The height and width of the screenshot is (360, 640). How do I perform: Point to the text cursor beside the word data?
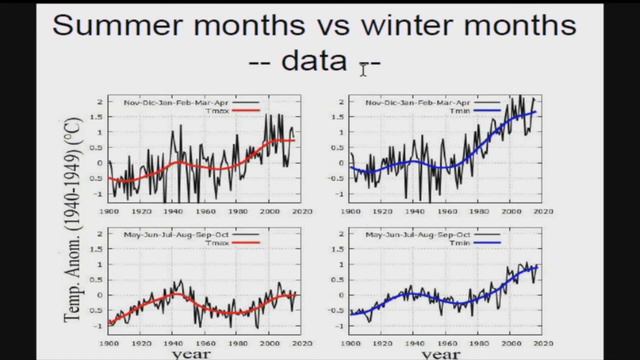pos(364,66)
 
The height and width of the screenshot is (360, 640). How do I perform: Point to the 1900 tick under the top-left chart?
pos(109,211)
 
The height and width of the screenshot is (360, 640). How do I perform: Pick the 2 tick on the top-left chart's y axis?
pos(100,102)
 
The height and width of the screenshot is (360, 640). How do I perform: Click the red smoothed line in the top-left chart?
pos(200,163)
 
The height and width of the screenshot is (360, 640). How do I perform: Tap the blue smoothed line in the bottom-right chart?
pos(440,294)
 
